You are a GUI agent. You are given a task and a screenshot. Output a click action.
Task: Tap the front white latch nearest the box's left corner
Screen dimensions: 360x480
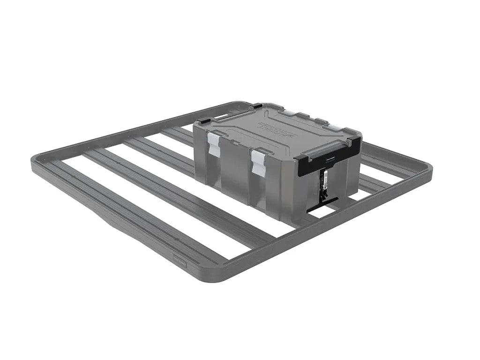[x=214, y=143]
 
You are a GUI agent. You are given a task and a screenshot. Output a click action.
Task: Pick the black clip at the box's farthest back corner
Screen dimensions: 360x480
[x=257, y=106]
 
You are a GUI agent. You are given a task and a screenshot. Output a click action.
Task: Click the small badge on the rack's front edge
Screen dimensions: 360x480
[x=180, y=262]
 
